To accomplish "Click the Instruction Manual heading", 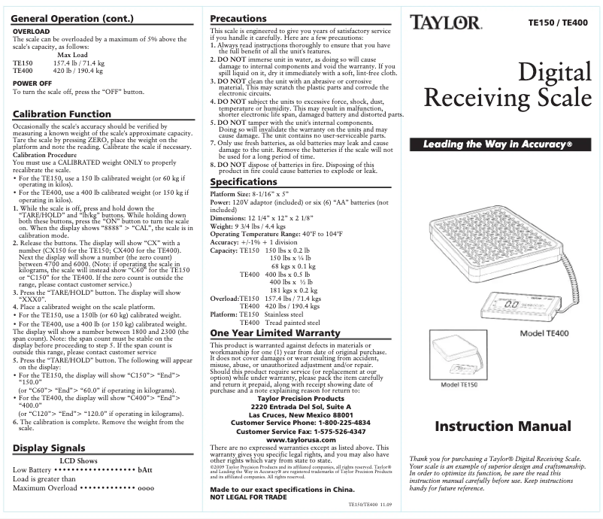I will (x=502, y=426).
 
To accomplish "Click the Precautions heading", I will (x=238, y=18).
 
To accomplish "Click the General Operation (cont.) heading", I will (x=73, y=18).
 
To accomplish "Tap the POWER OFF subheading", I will (x=32, y=83).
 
